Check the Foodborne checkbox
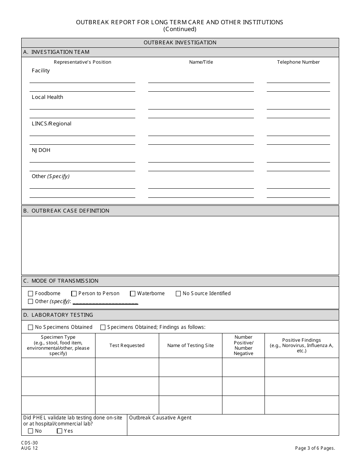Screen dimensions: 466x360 [x=31, y=294]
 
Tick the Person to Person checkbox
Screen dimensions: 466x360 [x=74, y=294]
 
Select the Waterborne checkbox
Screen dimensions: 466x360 [x=133, y=294]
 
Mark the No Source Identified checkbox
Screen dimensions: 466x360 [x=178, y=294]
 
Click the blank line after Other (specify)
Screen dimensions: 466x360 [x=105, y=302]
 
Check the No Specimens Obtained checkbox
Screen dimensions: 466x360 [x=31, y=327]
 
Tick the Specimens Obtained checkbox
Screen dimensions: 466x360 [x=103, y=327]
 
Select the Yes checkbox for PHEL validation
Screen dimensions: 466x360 [x=59, y=431]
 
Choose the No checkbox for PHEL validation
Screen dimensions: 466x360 [x=31, y=431]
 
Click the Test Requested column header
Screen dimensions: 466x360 [x=127, y=346]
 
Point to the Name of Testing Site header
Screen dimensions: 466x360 [x=190, y=346]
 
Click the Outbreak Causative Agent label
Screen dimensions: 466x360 [x=160, y=418]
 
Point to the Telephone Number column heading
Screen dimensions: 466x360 [x=298, y=62]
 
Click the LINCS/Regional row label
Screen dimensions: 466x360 [x=52, y=124]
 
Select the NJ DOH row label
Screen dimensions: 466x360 [x=41, y=150]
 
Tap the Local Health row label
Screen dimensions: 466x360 [x=47, y=97]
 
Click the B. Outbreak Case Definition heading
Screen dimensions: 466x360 [x=66, y=211]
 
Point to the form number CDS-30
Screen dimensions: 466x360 [x=30, y=443]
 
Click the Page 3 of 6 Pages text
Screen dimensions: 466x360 [x=315, y=448]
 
